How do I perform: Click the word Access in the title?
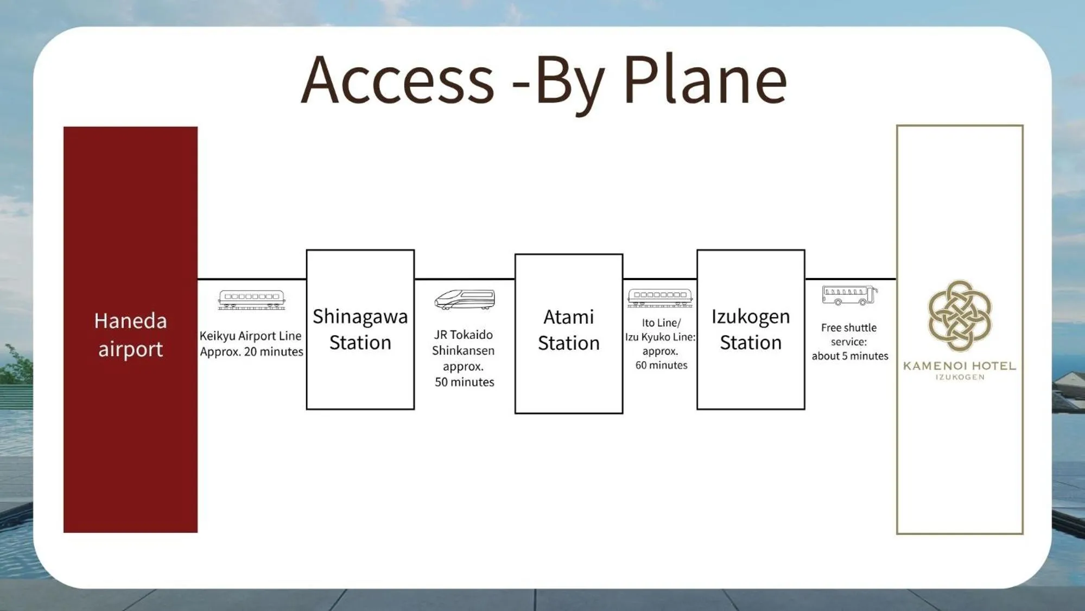(397, 80)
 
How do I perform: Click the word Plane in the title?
(705, 80)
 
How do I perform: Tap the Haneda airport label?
(130, 335)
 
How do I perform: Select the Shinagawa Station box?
(360, 329)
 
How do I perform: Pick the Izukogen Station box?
(751, 329)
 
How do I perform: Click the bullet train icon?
(465, 299)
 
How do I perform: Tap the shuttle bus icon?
(849, 295)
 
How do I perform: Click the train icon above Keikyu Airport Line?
(251, 299)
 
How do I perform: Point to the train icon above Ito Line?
(660, 298)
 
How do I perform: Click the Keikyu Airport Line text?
(250, 336)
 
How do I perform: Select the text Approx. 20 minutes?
(251, 351)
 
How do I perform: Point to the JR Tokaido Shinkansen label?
(463, 342)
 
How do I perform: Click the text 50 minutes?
(465, 382)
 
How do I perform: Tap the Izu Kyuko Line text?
(660, 337)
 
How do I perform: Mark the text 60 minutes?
(661, 365)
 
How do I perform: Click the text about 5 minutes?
(850, 356)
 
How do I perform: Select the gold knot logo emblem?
(960, 316)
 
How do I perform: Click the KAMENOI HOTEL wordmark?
(960, 366)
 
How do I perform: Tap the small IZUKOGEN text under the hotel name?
(960, 377)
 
